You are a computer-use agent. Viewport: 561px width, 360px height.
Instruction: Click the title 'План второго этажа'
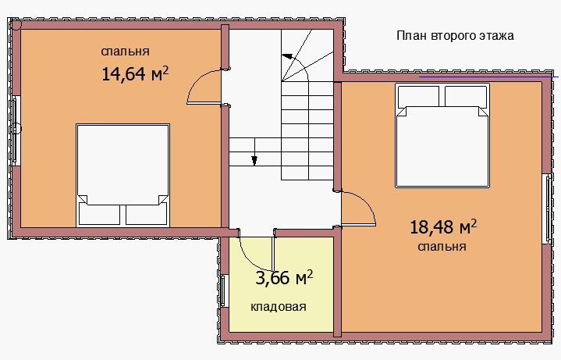pos(455,36)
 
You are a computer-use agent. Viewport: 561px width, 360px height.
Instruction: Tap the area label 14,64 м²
pos(135,73)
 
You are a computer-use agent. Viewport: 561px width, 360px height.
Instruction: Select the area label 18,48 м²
pos(443,226)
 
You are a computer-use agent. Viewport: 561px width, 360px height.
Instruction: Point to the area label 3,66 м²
pos(284,277)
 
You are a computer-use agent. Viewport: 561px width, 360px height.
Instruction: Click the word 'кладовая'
pos(279,307)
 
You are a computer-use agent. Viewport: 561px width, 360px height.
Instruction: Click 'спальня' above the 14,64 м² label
pos(125,52)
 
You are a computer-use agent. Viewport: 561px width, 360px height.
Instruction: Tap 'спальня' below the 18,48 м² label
pos(442,247)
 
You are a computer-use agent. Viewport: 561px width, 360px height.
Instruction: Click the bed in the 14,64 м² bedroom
pos(122,175)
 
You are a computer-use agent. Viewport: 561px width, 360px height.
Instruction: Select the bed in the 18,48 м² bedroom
pos(442,135)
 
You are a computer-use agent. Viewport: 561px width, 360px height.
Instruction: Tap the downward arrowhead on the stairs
pos(254,161)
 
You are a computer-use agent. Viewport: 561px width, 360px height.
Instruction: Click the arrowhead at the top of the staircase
pos(287,56)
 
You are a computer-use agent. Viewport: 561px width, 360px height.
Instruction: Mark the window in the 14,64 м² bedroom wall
pos(15,130)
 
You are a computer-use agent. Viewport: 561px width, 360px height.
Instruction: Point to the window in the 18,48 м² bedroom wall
pos(548,209)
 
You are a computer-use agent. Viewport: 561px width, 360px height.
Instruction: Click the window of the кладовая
pos(224,290)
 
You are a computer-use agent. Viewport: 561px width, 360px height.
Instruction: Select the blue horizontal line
pos(488,77)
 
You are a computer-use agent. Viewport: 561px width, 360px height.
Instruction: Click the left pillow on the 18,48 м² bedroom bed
pos(418,95)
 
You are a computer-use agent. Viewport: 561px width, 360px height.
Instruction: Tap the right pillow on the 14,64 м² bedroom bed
pos(147,214)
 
